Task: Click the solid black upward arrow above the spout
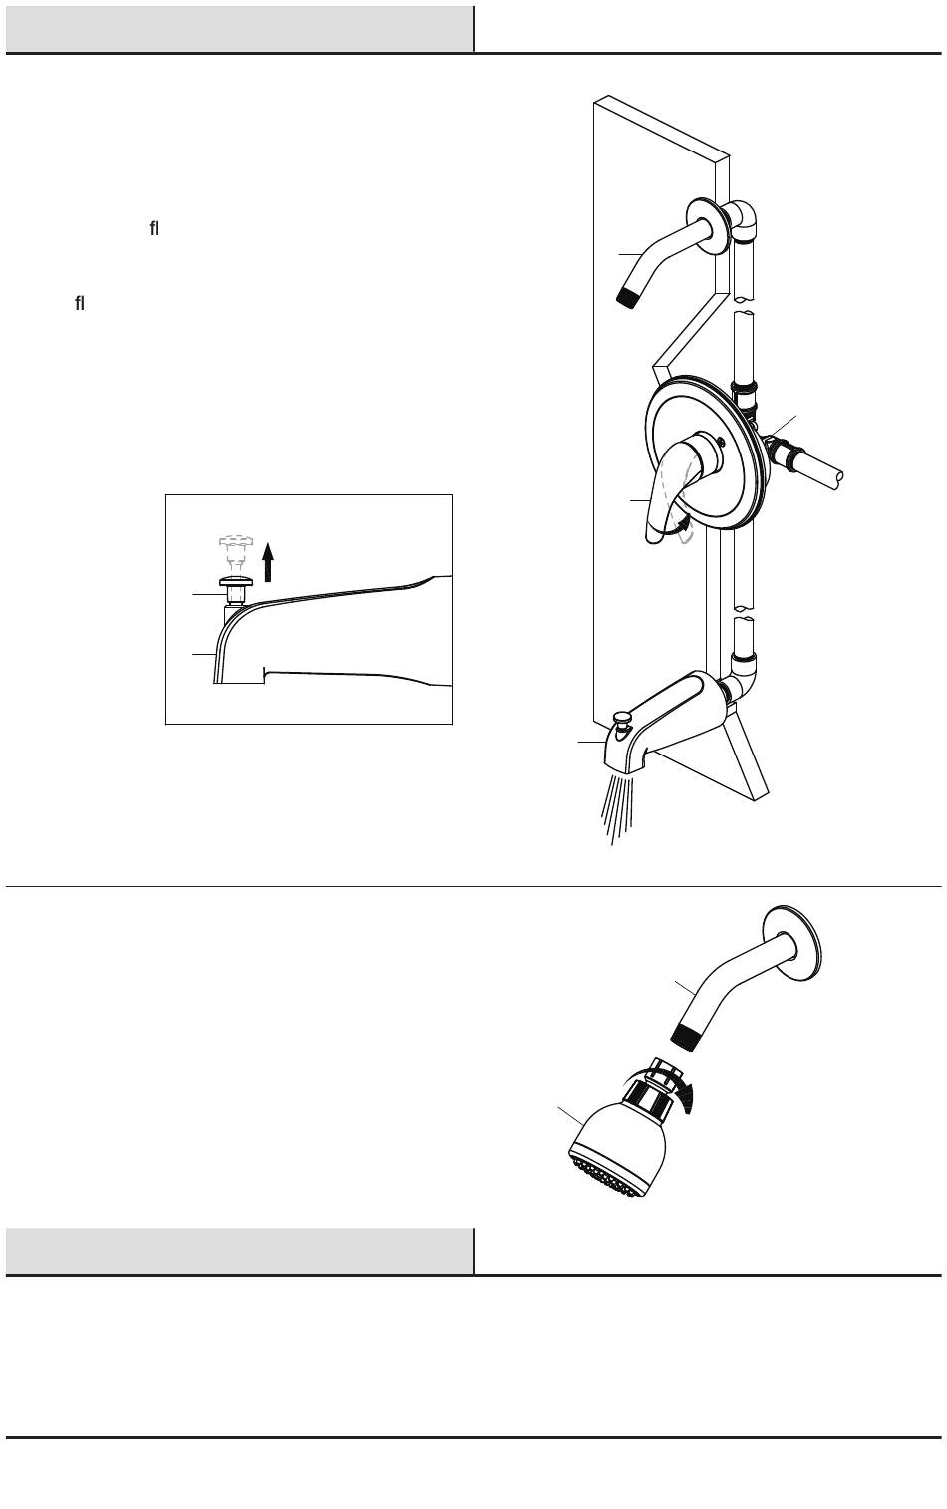click(268, 562)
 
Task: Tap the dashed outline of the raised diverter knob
click(235, 550)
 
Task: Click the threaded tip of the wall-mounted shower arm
click(628, 298)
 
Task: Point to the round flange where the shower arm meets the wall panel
click(708, 225)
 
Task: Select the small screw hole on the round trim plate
click(721, 442)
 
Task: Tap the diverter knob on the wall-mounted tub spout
click(622, 723)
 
